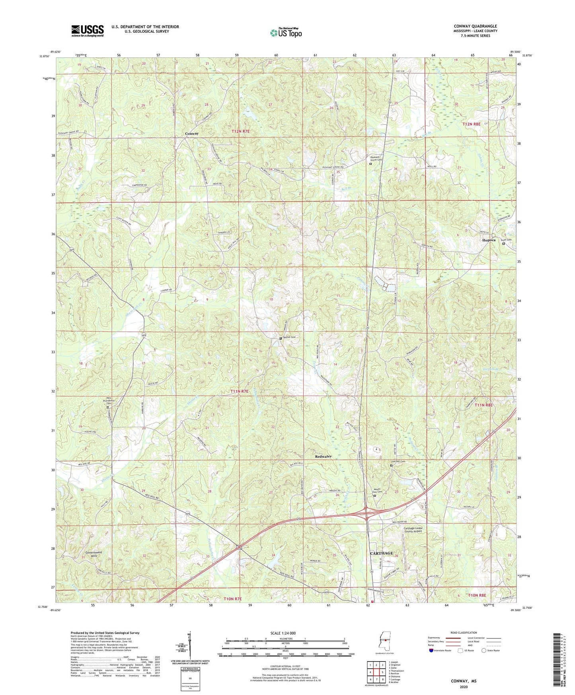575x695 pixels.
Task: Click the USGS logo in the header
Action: click(87, 31)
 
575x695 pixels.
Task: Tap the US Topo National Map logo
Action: click(285, 33)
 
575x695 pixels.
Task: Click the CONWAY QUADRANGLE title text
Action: click(475, 26)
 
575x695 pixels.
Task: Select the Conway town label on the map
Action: click(192, 134)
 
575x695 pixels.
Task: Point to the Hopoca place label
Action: click(489, 240)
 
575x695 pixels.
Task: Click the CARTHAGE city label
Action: click(381, 553)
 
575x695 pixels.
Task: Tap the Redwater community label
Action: click(323, 456)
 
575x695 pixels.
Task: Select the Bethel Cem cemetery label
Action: click(290, 338)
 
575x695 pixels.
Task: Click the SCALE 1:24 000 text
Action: click(283, 633)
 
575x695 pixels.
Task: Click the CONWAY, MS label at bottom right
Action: click(463, 681)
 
